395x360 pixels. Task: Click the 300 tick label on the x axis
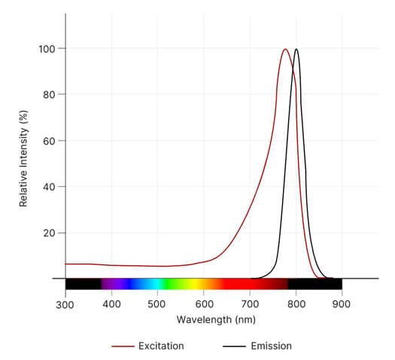pos(65,304)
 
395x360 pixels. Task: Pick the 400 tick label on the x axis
pos(111,304)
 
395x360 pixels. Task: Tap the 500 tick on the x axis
pos(157,304)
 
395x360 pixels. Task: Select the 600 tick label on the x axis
pos(204,304)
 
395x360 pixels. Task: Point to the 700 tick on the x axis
pos(250,304)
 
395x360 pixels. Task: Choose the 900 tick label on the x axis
pos(342,304)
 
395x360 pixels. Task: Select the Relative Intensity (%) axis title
pos(24,158)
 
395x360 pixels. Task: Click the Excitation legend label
pos(161,346)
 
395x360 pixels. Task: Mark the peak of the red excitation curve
pos(285,50)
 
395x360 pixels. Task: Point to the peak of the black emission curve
pos(296,50)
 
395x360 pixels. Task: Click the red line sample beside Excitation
pos(122,346)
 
